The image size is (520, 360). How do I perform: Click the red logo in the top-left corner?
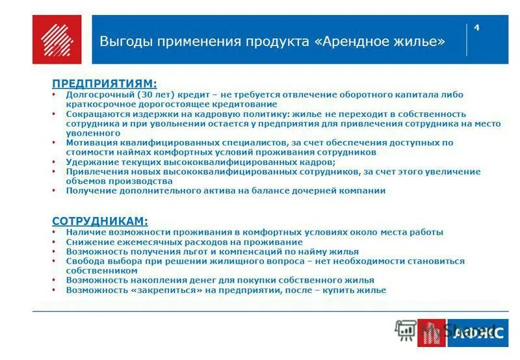point(57,40)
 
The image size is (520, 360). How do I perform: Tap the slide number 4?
point(477,27)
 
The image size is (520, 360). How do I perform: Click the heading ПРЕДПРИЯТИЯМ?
point(105,84)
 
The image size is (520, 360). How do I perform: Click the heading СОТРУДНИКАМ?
point(100,221)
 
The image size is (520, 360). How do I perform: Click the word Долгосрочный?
point(96,95)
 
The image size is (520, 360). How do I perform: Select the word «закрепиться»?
point(158,290)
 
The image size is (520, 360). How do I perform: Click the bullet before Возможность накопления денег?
point(53,281)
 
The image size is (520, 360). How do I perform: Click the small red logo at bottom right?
point(431,333)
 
